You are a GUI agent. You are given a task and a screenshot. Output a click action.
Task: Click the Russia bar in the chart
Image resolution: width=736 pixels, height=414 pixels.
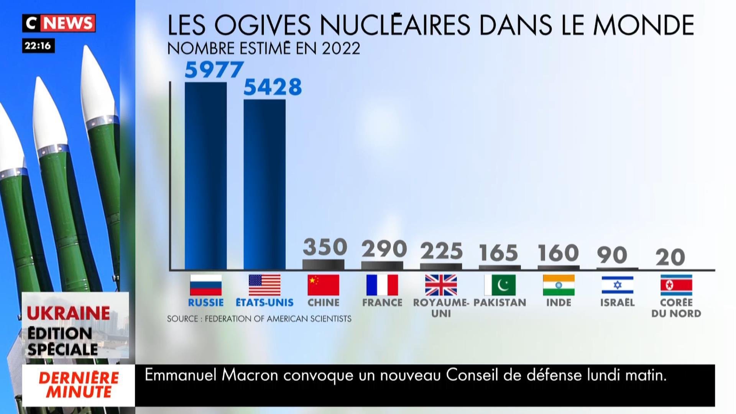(x=205, y=176)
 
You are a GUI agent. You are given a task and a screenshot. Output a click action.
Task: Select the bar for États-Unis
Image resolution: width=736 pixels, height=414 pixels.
(x=264, y=185)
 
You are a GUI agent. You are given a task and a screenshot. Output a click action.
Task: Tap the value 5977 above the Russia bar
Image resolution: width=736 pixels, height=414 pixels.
(x=214, y=69)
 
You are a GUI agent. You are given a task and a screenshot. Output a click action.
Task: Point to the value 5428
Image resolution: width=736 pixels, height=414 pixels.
(x=273, y=87)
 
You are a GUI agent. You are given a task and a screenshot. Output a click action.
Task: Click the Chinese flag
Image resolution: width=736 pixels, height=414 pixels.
(x=323, y=285)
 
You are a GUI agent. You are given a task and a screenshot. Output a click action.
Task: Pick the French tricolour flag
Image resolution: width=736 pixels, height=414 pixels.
(x=382, y=285)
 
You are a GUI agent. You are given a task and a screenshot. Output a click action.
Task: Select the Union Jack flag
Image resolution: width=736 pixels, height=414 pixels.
(x=441, y=285)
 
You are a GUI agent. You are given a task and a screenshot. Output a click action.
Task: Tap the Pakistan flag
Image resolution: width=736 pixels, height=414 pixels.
(x=500, y=285)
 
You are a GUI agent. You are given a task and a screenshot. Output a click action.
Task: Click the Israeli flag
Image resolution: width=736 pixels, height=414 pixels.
(x=617, y=285)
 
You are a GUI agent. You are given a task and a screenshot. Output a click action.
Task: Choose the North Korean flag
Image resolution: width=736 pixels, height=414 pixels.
(x=676, y=285)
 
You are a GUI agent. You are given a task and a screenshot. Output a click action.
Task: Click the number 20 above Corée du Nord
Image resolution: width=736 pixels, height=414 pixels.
(x=670, y=257)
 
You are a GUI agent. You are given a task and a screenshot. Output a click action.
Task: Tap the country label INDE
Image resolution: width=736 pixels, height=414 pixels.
(x=559, y=302)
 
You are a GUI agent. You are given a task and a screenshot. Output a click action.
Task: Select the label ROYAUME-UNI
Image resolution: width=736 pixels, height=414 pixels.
(x=441, y=308)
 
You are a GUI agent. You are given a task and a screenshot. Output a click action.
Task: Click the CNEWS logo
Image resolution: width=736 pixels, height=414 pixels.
(x=59, y=23)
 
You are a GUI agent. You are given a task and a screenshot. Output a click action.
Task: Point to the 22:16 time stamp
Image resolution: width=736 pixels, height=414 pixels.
(x=38, y=46)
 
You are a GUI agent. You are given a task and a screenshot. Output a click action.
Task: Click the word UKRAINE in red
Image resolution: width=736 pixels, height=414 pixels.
(x=68, y=313)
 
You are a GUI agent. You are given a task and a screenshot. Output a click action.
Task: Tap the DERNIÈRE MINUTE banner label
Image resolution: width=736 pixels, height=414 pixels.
(x=79, y=385)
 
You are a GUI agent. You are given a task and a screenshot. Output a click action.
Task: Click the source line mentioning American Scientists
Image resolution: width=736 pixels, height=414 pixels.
(x=259, y=319)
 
